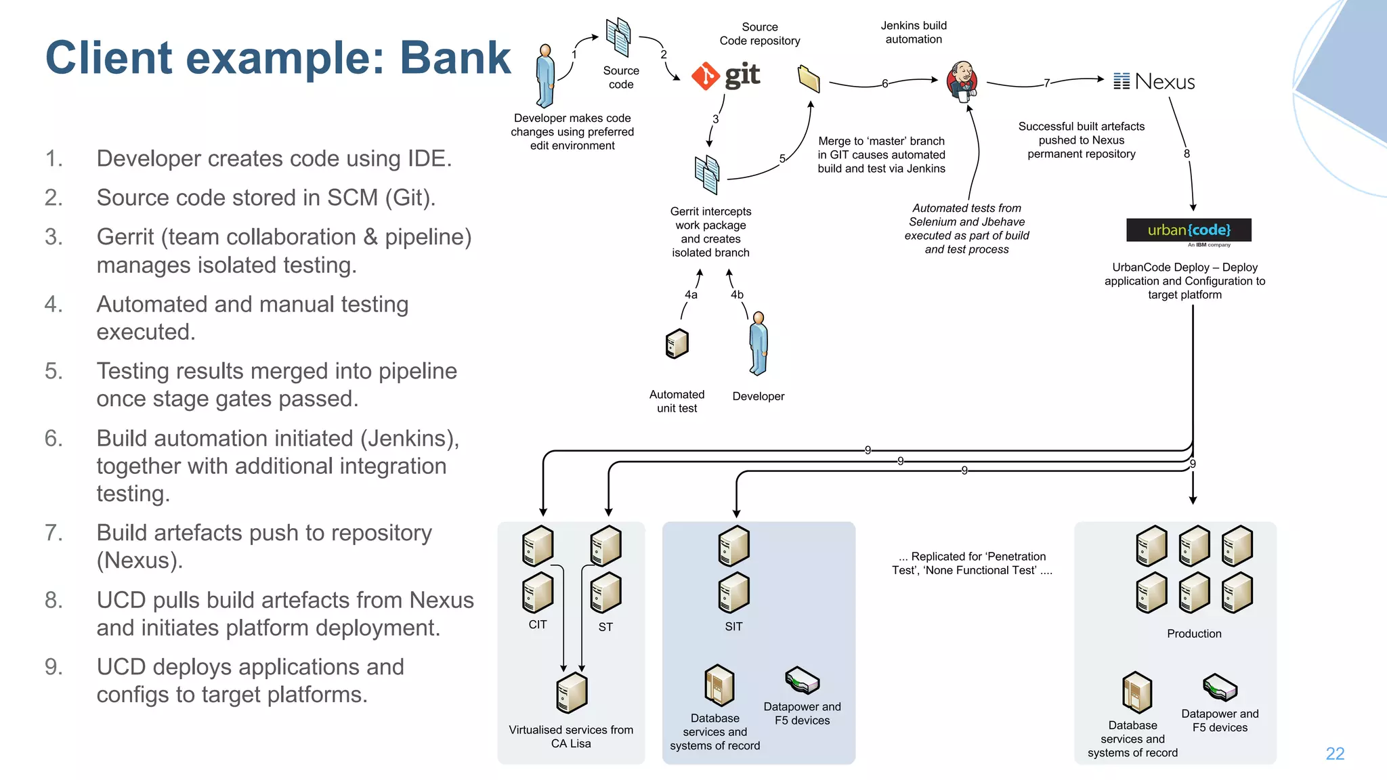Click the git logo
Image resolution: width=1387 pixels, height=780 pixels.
726,75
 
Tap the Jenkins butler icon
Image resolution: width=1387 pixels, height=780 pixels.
962,81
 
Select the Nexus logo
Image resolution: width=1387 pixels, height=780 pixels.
1155,82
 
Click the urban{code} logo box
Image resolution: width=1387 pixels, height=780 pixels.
1189,230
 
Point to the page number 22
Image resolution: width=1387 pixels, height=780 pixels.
1334,754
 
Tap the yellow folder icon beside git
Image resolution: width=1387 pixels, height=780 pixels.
809,79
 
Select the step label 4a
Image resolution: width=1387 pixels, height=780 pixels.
691,295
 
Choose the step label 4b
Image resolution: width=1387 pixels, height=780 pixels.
737,295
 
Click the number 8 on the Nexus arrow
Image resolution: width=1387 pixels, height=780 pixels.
1187,154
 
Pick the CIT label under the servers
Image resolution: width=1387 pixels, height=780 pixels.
538,624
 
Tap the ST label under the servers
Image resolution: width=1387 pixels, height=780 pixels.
605,627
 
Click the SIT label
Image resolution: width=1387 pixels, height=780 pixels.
733,626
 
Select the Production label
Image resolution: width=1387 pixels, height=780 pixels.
1194,634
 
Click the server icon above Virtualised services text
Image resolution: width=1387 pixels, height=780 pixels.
572,693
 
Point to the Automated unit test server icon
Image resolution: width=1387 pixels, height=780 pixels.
677,344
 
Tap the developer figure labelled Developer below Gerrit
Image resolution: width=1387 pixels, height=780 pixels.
759,343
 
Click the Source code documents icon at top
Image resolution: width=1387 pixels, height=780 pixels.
618,37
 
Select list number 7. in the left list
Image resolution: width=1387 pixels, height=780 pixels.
54,533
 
